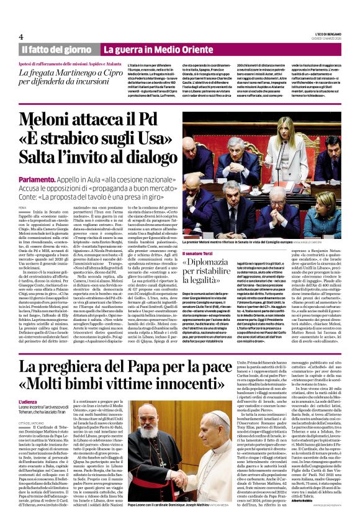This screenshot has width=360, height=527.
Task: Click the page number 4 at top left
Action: pos(21,37)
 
